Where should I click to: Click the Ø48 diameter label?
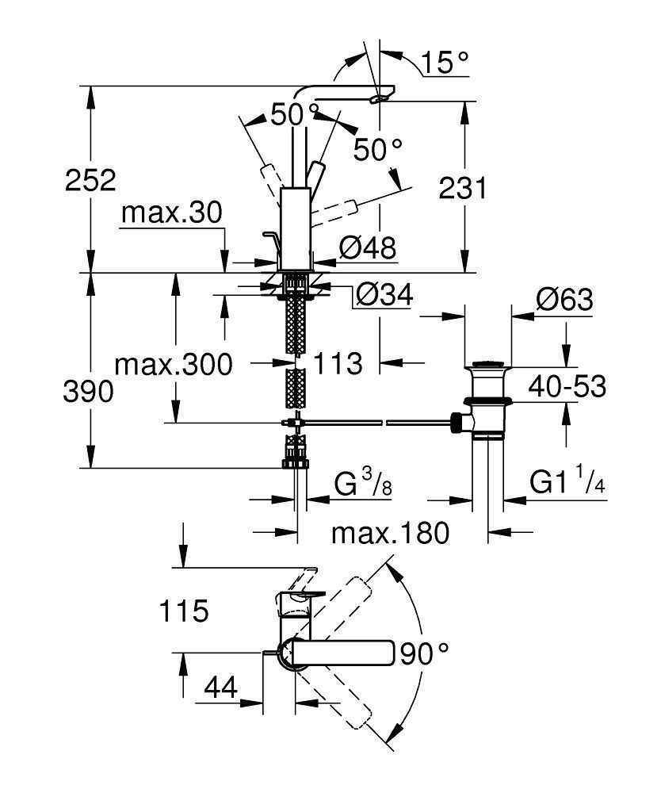(x=367, y=247)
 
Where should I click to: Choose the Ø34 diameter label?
(x=384, y=295)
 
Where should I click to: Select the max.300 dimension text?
(x=174, y=365)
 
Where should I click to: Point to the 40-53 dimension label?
(x=568, y=387)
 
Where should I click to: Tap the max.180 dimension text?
(x=390, y=533)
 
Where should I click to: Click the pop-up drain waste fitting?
(x=487, y=400)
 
